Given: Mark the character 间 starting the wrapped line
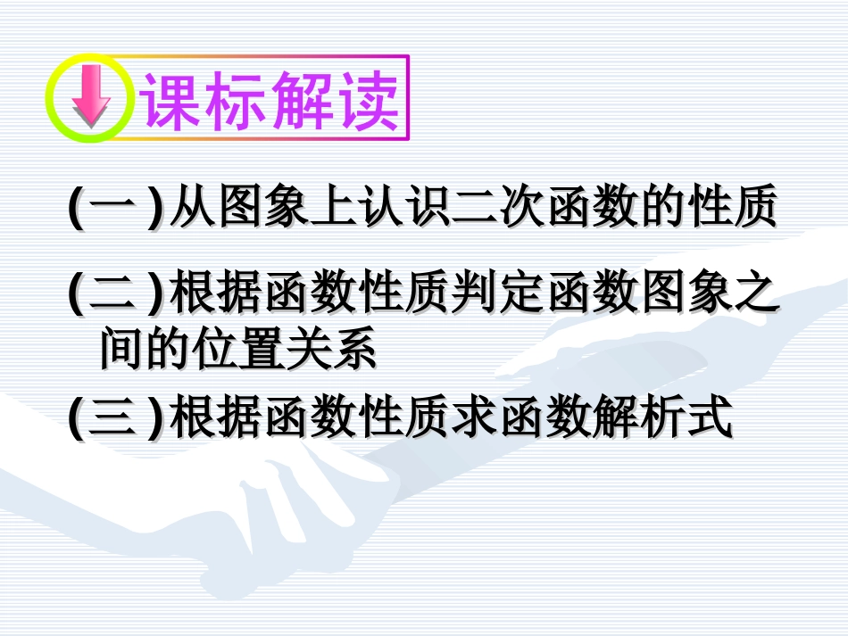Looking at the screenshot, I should pyautogui.click(x=121, y=350).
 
